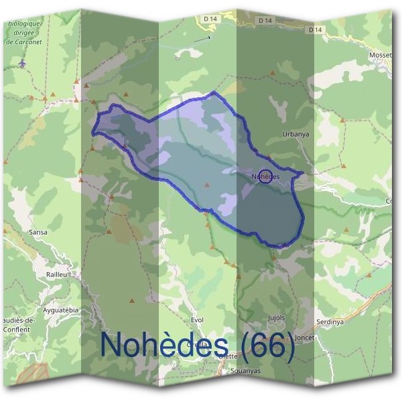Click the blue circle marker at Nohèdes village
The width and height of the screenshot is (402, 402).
(x=265, y=176)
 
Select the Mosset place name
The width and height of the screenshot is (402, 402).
(x=381, y=55)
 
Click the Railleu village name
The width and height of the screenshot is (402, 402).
(x=58, y=275)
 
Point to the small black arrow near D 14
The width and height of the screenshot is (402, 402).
(x=202, y=40)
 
